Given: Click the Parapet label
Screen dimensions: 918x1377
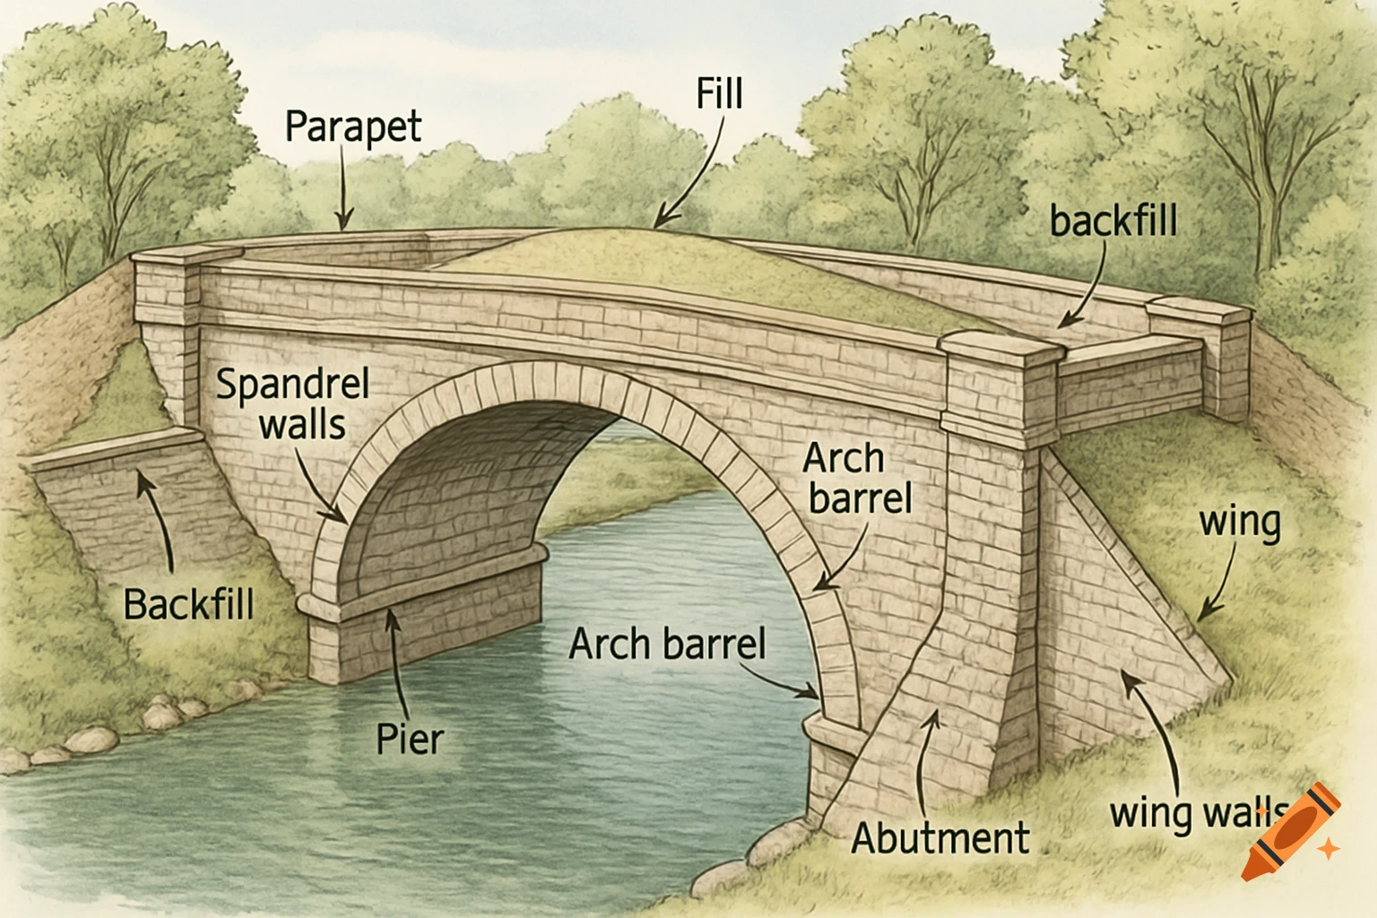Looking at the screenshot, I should pos(352,127).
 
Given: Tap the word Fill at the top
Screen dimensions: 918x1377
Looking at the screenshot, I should pos(719,93).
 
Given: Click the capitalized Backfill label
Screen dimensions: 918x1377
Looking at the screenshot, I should pos(188,604).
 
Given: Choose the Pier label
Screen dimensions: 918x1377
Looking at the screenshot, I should pos(410,740).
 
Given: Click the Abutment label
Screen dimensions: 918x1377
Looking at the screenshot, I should pos(940,838).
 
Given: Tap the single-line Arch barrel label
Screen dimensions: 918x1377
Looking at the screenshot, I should pos(667,644).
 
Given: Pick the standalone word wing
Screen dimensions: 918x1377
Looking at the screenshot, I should pos(1240,523).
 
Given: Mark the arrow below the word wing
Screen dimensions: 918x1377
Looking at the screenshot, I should pos(1219,583).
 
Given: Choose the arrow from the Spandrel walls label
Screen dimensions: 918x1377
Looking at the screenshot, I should pos(318,484).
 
